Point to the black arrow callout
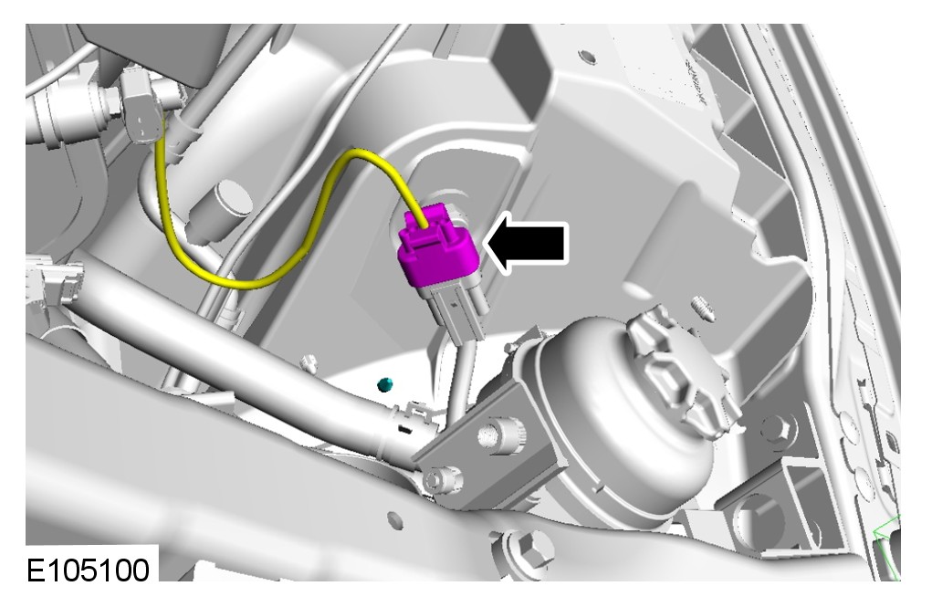coord(527,243)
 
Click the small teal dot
coord(386,384)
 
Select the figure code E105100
coord(88,570)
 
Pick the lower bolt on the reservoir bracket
coord(441,478)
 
